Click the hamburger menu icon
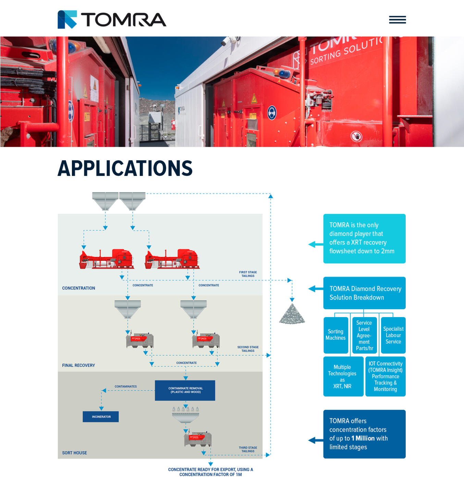tap(397, 20)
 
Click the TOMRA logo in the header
tap(112, 20)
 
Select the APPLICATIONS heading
tap(125, 168)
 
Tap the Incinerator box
tap(101, 417)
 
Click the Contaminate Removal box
tap(185, 390)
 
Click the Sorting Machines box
tap(335, 335)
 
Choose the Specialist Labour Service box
tap(393, 335)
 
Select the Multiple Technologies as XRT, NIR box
tap(343, 377)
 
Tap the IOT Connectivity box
tap(385, 377)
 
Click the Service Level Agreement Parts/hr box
tap(364, 335)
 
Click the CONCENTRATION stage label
tap(78, 288)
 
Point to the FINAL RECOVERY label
tap(78, 366)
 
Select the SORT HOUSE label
tap(74, 453)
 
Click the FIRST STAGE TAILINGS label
tap(248, 274)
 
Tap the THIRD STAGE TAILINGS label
tap(248, 450)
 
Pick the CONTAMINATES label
tap(125, 387)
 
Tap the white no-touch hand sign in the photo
tap(356, 137)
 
